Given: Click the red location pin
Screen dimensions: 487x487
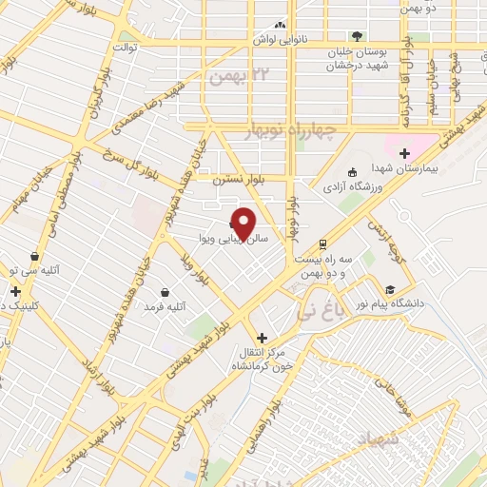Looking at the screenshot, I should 244,222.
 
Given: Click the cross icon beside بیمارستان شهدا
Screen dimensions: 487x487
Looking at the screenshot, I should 404,153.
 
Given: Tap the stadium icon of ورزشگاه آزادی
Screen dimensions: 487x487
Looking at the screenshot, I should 352,172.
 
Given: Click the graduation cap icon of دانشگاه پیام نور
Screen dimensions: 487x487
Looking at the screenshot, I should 389,289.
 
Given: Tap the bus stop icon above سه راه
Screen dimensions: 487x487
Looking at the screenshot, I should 323,242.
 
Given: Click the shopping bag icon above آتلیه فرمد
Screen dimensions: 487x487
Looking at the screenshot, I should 166,292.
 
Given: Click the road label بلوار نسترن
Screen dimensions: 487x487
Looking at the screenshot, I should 213,178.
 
